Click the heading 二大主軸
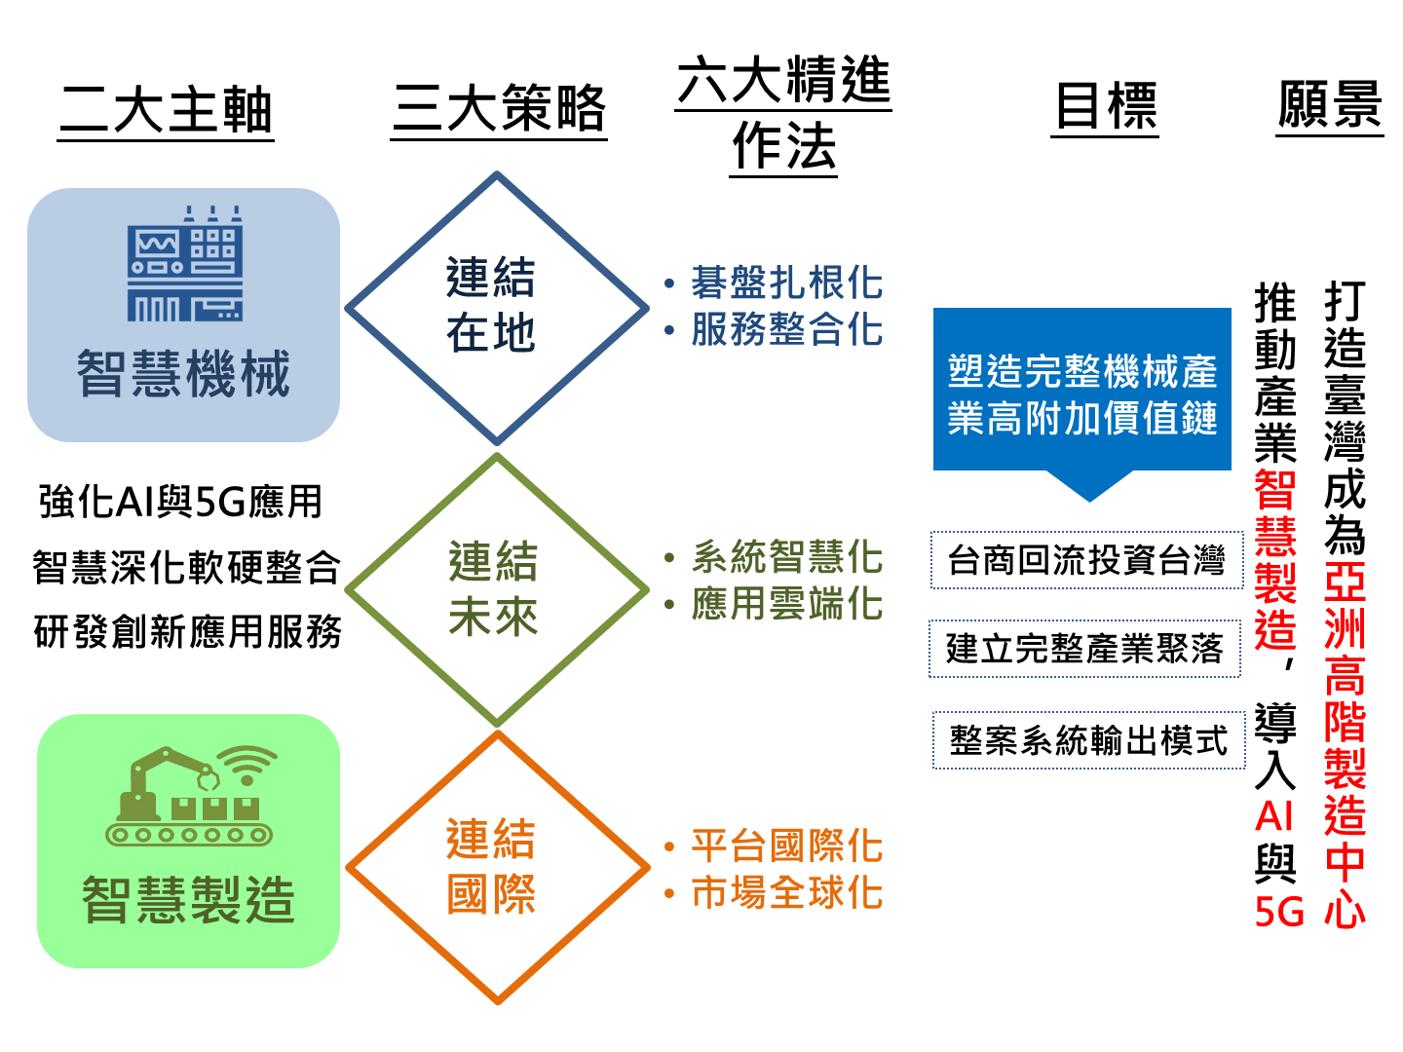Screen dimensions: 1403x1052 167,110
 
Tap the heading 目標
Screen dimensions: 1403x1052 1105,106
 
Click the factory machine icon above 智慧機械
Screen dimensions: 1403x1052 185,263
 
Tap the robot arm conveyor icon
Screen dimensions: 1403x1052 190,796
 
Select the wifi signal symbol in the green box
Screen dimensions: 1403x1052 246,766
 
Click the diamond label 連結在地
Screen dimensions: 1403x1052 491,305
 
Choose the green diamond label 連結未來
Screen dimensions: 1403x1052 493,588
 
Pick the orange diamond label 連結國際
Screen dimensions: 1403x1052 491,866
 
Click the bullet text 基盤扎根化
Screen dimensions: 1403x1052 787,282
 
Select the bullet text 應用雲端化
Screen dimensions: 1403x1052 787,604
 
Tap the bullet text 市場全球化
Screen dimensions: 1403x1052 787,892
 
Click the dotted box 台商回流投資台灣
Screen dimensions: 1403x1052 1086,559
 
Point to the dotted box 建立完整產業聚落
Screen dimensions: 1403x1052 1084,649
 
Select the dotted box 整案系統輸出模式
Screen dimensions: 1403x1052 1088,740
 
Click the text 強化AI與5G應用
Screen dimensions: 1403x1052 181,502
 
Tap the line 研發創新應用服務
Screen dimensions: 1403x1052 187,632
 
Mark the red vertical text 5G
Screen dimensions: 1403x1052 1278,912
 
